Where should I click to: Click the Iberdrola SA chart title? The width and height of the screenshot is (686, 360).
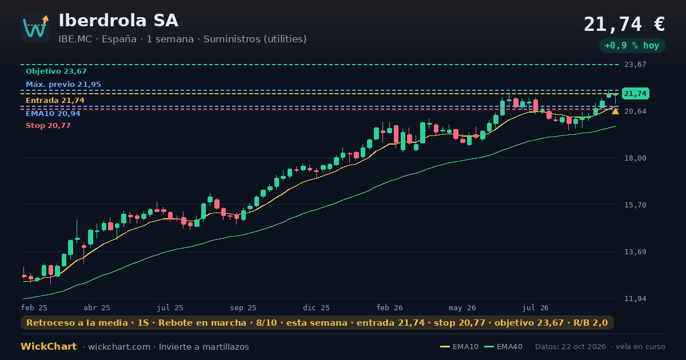[x=118, y=21]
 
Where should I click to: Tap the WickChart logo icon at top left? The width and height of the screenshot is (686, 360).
[x=35, y=27]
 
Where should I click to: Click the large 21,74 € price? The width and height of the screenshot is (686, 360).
[x=624, y=25]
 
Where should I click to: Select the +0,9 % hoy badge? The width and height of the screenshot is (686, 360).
[x=632, y=46]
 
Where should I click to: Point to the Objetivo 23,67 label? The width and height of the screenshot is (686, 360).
[x=56, y=71]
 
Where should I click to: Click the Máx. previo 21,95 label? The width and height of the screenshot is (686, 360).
[x=63, y=84]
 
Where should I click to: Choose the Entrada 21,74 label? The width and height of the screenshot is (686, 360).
[x=55, y=101]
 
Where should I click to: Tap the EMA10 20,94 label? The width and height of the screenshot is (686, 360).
[x=53, y=114]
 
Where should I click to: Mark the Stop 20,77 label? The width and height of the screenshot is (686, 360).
[x=48, y=126]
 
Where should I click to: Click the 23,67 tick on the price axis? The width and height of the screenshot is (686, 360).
[x=635, y=65]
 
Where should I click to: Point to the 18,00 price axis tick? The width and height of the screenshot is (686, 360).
[x=635, y=158]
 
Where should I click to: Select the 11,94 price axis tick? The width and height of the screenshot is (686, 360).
[x=635, y=299]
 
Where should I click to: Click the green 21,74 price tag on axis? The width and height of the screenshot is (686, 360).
[x=636, y=94]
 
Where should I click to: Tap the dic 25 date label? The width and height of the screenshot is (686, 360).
[x=316, y=308]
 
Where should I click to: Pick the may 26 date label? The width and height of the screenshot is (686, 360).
[x=462, y=308]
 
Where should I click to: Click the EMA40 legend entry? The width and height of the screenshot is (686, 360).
[x=504, y=347]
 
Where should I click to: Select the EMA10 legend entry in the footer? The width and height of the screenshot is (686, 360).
[x=460, y=347]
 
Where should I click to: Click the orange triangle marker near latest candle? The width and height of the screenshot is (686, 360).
[x=615, y=111]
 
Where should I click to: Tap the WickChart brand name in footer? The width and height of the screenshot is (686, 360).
[x=49, y=346]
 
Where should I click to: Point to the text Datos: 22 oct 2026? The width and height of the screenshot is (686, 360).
[x=571, y=347]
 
